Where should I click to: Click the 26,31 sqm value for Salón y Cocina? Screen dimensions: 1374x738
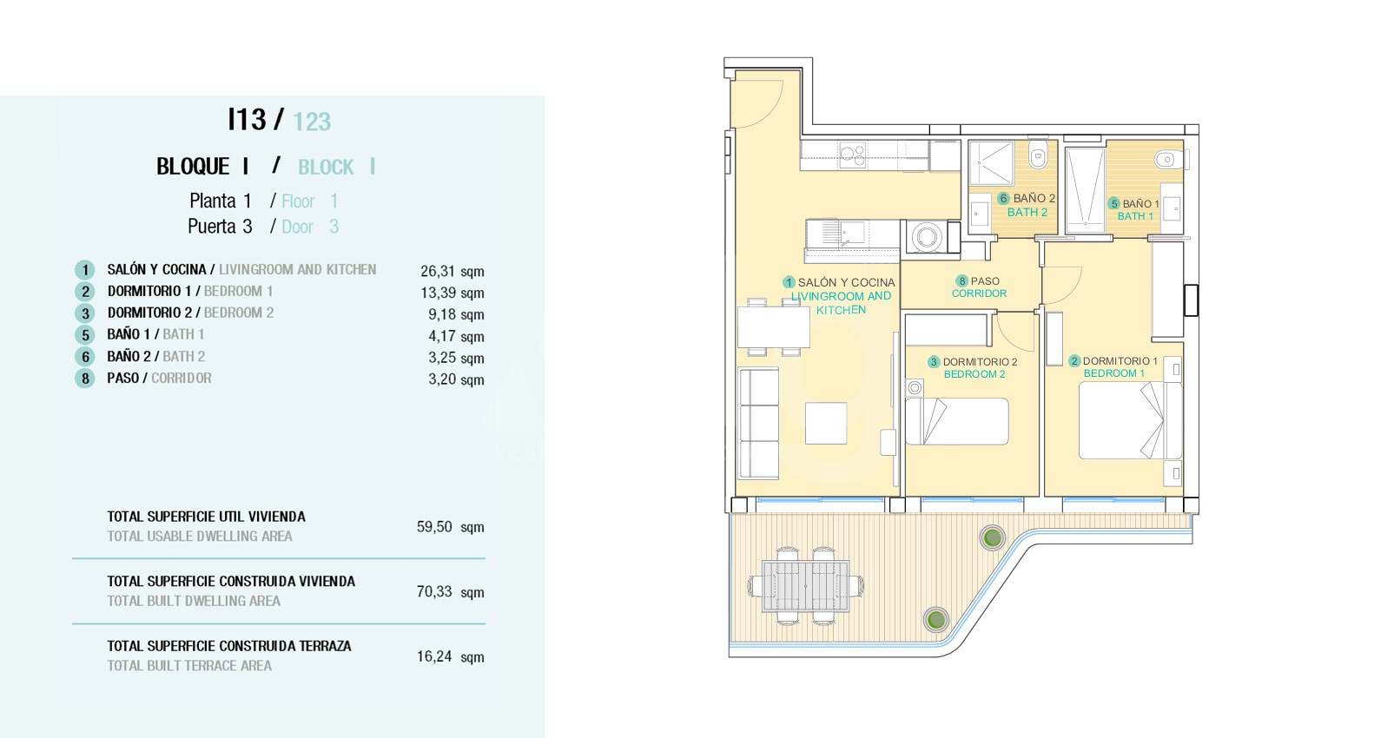(452, 271)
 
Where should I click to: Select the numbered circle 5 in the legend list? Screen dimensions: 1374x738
(84, 334)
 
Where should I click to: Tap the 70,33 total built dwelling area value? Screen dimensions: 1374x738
(450, 591)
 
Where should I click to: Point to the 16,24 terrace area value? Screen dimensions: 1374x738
(450, 656)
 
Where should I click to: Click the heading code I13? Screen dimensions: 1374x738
(247, 120)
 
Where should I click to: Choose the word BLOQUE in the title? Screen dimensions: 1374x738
(193, 167)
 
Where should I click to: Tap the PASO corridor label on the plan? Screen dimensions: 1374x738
(985, 280)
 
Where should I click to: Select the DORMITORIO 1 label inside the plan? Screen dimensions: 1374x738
(1120, 361)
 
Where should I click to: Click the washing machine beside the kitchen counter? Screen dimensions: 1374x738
(926, 237)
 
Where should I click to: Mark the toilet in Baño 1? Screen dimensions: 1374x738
(1167, 160)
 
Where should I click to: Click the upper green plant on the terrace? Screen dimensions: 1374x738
(992, 537)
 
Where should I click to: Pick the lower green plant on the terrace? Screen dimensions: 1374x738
(936, 619)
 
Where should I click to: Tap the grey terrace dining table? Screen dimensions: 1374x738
(806, 586)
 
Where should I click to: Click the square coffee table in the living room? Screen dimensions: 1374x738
(826, 423)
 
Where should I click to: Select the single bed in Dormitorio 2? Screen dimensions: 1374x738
(957, 421)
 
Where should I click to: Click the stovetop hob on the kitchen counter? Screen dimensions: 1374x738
(853, 155)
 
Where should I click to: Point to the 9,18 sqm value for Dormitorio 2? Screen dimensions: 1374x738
(456, 314)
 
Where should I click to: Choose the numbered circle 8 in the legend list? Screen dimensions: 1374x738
(84, 379)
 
